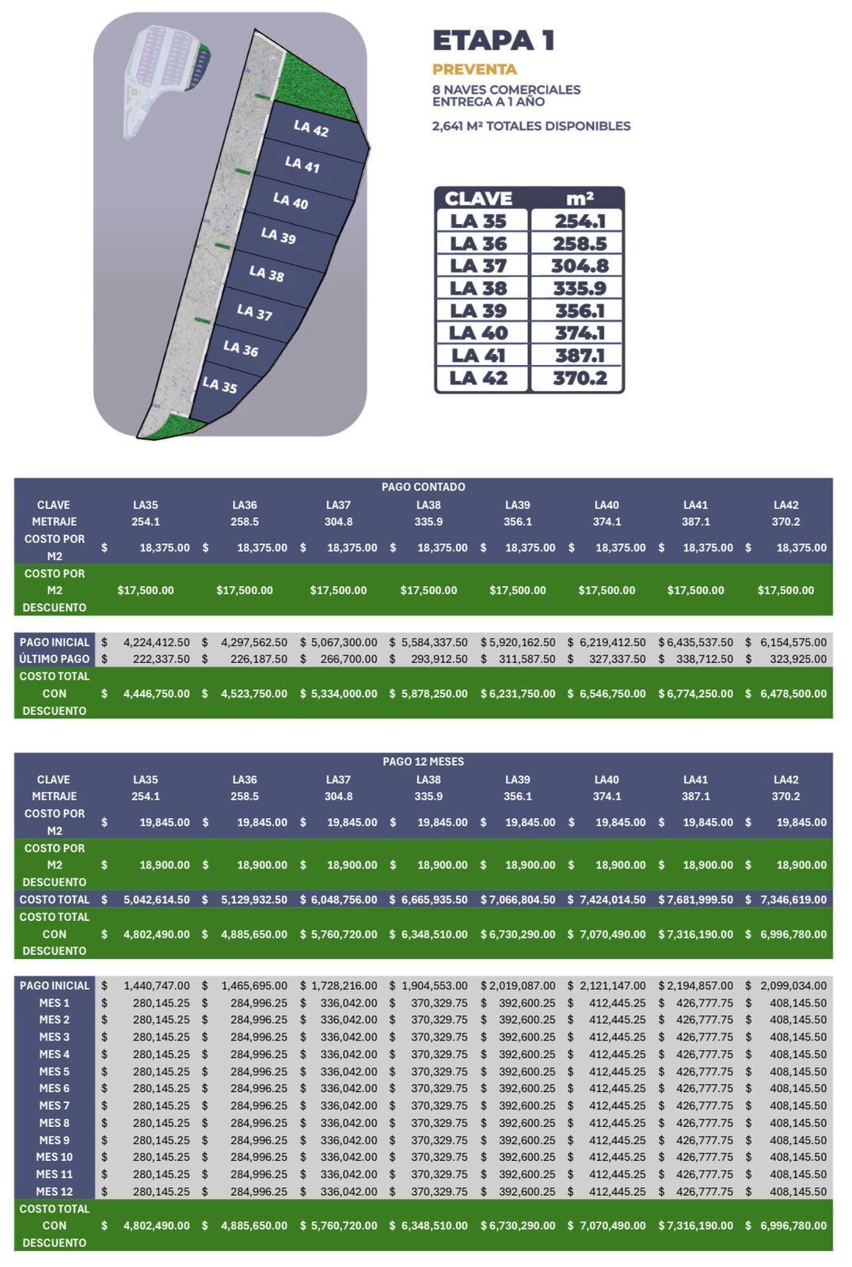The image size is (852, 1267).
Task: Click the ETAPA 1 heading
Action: (493, 40)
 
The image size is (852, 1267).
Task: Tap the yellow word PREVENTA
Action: (474, 70)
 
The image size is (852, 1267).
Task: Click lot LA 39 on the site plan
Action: (278, 236)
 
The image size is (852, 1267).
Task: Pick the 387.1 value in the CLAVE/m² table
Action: (579, 356)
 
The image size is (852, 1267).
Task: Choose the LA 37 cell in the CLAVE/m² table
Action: (478, 266)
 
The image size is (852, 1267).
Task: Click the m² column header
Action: (579, 198)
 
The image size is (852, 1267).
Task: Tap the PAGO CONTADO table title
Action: (423, 487)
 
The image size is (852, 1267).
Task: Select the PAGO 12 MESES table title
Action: (423, 762)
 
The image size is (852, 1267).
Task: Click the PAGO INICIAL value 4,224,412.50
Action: (156, 642)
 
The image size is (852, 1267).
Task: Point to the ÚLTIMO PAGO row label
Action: (55, 659)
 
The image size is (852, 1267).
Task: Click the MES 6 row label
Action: (55, 1089)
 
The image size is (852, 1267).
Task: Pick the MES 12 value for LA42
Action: (797, 1192)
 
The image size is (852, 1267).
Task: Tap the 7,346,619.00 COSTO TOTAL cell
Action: (793, 900)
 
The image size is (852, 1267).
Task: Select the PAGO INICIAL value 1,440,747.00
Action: (156, 986)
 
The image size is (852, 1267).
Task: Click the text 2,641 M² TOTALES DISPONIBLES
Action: (531, 126)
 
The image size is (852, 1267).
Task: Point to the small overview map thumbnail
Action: (166, 79)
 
